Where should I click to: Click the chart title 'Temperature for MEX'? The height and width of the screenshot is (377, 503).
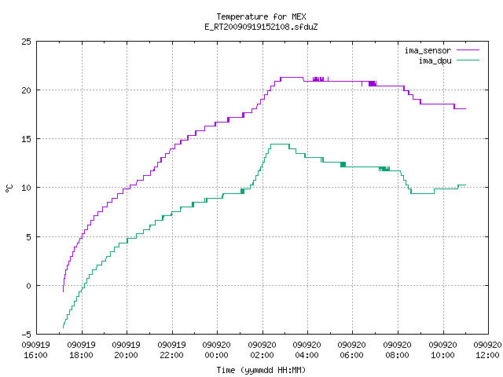[261, 16]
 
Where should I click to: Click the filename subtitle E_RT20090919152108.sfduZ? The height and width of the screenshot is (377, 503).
[261, 27]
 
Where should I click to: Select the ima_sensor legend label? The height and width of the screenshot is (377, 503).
[428, 50]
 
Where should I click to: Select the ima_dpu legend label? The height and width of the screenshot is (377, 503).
[435, 60]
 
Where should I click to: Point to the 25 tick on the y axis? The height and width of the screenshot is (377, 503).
[26, 42]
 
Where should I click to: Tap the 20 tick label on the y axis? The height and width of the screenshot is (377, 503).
[26, 90]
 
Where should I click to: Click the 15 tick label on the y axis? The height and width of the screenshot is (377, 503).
[26, 139]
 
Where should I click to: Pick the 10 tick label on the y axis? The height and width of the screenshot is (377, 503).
[26, 188]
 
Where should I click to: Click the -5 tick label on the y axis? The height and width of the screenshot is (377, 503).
[26, 335]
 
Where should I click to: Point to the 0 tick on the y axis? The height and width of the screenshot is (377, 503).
[28, 286]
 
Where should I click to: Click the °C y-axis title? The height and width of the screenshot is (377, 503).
[9, 188]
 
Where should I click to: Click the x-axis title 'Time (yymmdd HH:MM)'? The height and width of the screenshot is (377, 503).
[261, 370]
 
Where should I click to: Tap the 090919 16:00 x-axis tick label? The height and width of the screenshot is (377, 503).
[36, 350]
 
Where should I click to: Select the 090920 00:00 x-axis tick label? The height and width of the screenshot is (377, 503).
[217, 350]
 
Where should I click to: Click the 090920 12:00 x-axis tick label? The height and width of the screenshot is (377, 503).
[487, 350]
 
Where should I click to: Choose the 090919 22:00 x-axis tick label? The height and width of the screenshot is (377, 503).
[171, 350]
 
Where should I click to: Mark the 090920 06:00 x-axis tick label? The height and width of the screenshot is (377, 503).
[352, 350]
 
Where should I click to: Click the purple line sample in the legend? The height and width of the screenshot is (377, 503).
[468, 50]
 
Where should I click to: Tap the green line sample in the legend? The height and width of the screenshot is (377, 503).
[468, 60]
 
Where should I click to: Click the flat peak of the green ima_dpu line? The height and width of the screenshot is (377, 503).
[280, 145]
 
